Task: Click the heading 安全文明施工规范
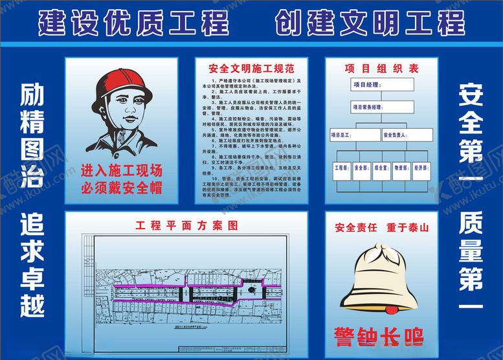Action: (252, 68)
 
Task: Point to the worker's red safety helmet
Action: (117, 87)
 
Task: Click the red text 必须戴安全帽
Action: (121, 188)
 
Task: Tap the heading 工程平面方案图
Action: (186, 226)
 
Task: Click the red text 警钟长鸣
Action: (379, 337)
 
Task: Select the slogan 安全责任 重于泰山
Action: (381, 228)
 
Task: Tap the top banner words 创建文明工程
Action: (370, 23)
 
